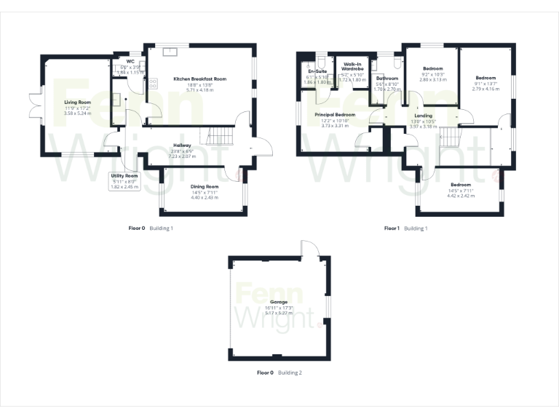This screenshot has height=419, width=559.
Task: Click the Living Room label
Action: pyautogui.click(x=77, y=103)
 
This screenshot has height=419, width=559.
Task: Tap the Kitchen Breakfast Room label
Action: pyautogui.click(x=199, y=79)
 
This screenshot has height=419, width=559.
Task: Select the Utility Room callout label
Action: pyautogui.click(x=124, y=176)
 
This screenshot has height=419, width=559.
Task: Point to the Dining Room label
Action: pyautogui.click(x=205, y=187)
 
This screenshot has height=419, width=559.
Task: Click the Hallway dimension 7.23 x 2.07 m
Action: pyautogui.click(x=183, y=156)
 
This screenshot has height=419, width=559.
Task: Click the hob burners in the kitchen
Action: pyautogui.click(x=153, y=84)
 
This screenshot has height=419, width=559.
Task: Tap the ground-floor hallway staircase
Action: pyautogui.click(x=218, y=135)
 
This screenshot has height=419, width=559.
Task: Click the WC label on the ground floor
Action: pyautogui.click(x=131, y=61)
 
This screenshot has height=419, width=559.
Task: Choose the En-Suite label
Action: pyautogui.click(x=317, y=71)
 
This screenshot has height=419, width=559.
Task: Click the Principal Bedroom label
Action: pyautogui.click(x=335, y=115)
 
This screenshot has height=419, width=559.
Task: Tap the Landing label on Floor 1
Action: pyautogui.click(x=424, y=116)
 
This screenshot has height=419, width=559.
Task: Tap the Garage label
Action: pyautogui.click(x=279, y=301)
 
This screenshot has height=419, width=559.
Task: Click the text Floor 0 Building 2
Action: pyautogui.click(x=279, y=372)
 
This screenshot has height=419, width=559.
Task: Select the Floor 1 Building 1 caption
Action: pyautogui.click(x=406, y=228)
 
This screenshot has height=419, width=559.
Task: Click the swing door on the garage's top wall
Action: pyautogui.click(x=309, y=247)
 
